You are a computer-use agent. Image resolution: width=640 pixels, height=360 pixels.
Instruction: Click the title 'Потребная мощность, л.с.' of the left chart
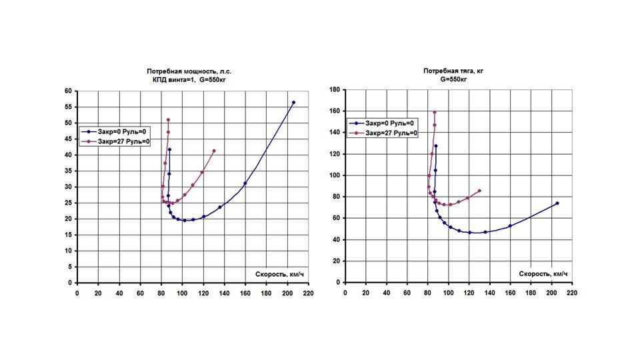(190, 71)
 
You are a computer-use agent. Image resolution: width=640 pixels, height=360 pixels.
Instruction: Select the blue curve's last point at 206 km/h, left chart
(293, 103)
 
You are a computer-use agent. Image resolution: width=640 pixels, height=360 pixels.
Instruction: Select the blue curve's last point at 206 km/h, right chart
(557, 203)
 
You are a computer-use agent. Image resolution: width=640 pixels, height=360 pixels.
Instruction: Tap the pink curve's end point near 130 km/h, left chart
(214, 151)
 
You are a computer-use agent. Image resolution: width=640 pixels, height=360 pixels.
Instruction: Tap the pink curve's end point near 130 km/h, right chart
(479, 191)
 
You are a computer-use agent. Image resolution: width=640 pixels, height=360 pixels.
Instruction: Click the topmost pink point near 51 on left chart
(168, 120)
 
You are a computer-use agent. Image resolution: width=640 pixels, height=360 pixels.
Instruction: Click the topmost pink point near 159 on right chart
(435, 113)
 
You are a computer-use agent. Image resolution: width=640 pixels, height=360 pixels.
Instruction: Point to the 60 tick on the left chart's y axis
(68, 91)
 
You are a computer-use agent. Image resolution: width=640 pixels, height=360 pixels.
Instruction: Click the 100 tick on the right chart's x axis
(449, 291)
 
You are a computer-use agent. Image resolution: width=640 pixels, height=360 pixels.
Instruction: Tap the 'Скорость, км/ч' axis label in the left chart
(279, 274)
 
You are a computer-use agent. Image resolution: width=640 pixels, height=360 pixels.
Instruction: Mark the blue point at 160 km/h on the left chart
(245, 183)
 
